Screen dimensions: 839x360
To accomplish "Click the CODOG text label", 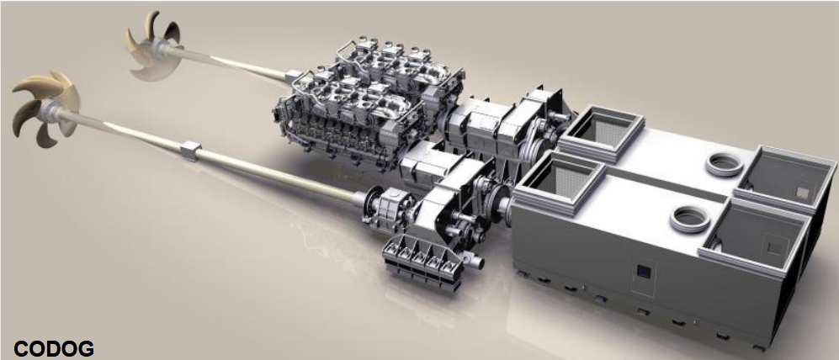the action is point(54,349).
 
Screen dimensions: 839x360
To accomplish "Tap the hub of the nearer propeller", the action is point(50,108).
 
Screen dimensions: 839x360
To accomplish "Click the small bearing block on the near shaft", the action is point(190,150).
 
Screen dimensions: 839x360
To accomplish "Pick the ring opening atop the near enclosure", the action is point(691,219).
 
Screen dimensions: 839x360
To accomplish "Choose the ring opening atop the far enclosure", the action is point(725,164).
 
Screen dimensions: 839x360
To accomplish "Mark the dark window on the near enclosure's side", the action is point(642,272).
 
